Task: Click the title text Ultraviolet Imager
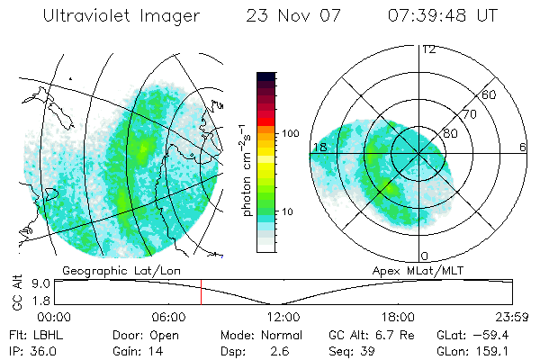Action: [x=121, y=16]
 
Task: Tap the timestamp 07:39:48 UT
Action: [x=442, y=16]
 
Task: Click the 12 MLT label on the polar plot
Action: [x=428, y=49]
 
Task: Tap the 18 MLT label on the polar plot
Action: [x=319, y=147]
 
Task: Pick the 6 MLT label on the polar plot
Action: [x=522, y=147]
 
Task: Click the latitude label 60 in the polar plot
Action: [x=490, y=94]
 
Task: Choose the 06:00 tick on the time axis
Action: [x=168, y=317]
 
